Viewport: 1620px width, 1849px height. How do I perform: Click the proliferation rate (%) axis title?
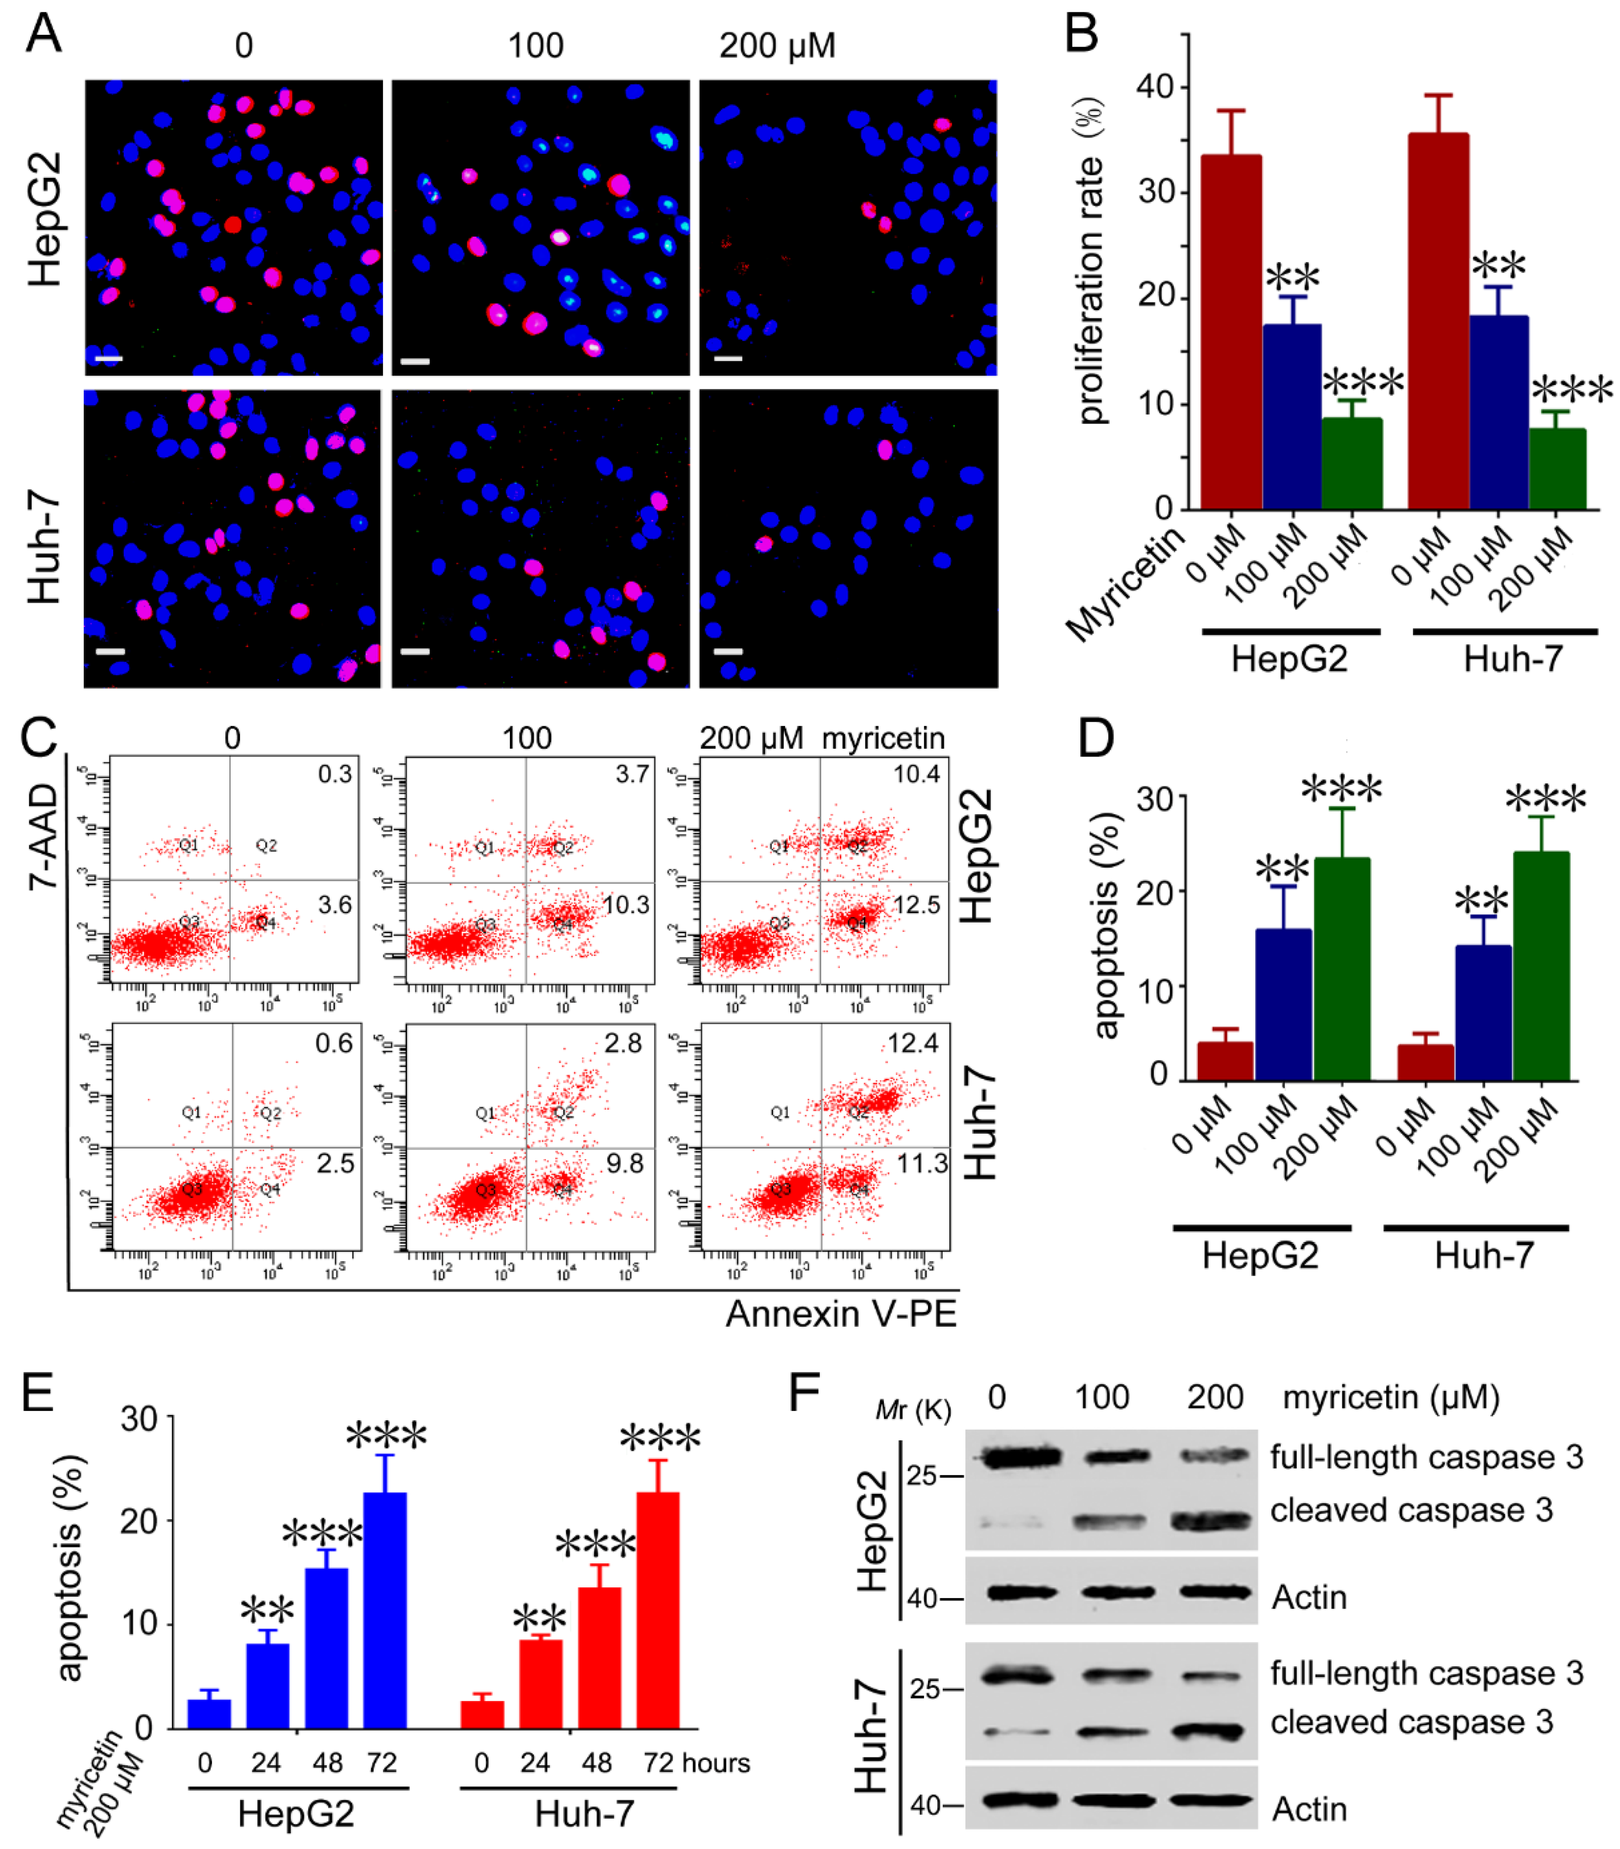coord(1091,262)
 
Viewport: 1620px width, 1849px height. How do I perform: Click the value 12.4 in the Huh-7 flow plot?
coord(913,1044)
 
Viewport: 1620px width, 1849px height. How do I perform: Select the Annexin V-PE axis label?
coord(841,1314)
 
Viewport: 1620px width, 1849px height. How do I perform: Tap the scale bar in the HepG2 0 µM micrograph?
coord(109,359)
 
